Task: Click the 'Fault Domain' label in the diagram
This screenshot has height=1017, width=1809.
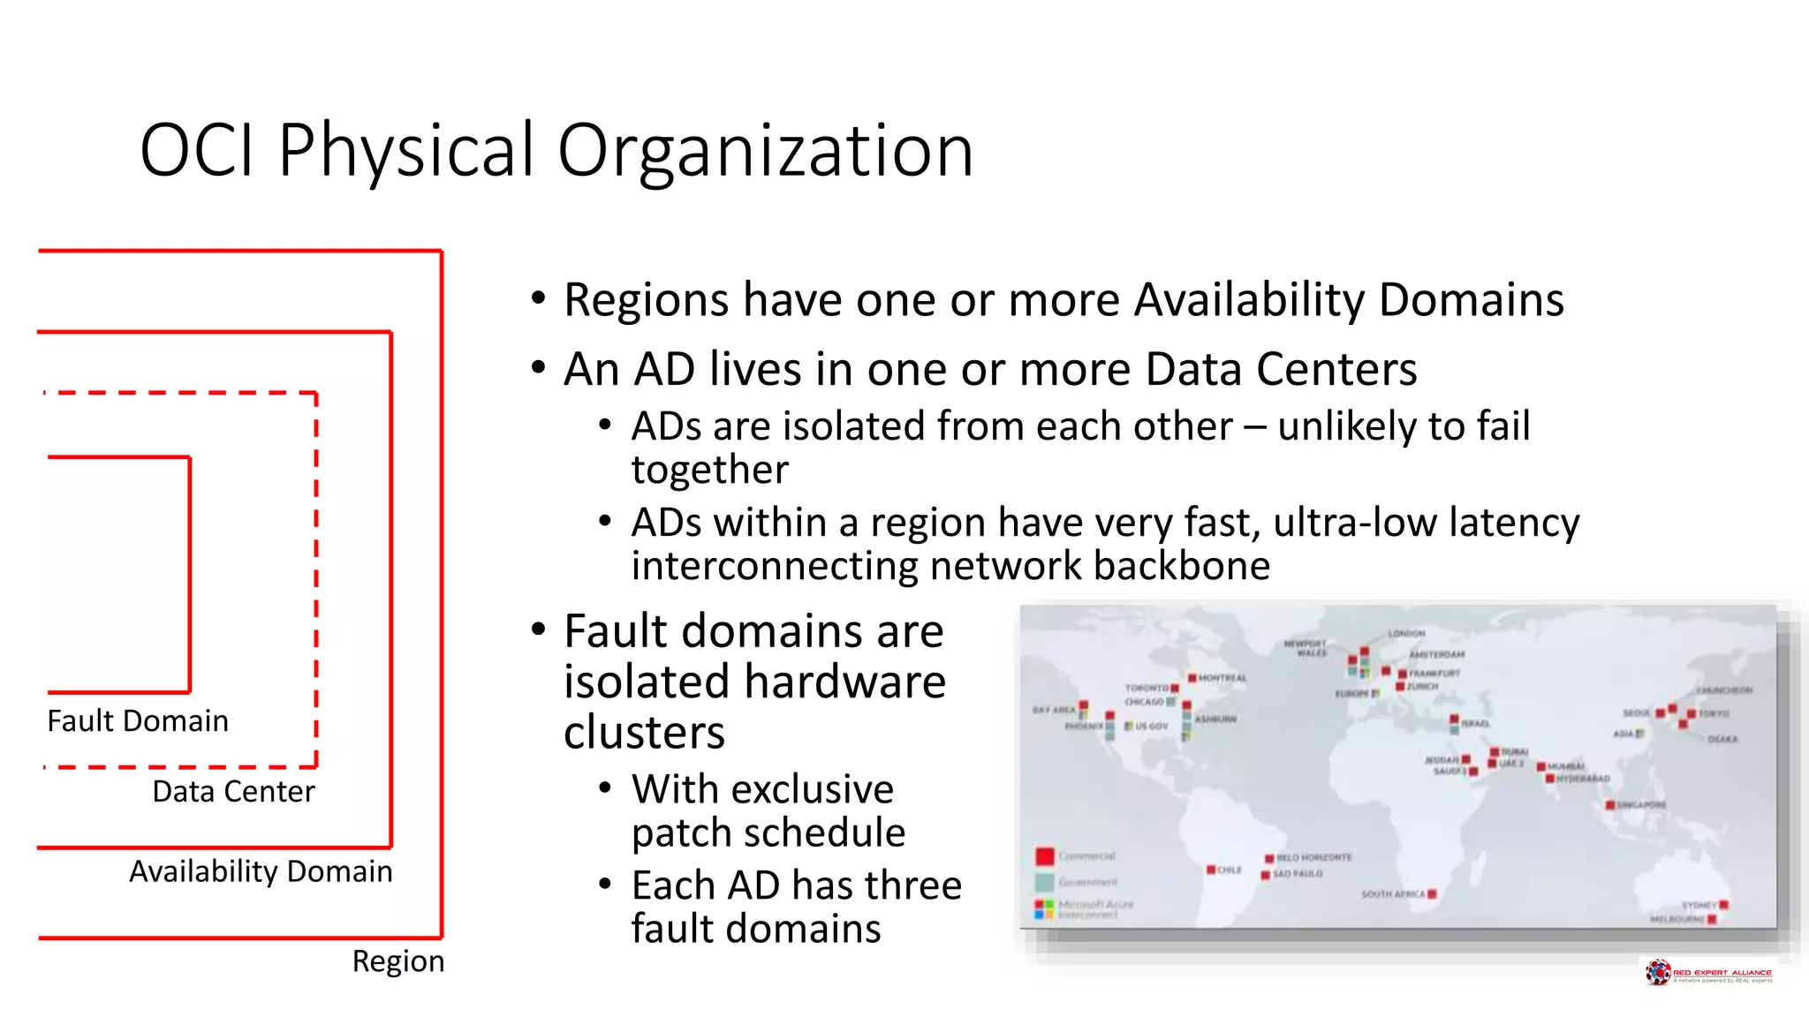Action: tap(138, 721)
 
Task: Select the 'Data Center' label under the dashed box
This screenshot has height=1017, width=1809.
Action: tap(233, 792)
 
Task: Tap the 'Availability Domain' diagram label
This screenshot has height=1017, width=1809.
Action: tap(261, 871)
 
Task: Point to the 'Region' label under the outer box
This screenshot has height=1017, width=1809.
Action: tap(397, 961)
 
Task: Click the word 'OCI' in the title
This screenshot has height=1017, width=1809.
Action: tap(196, 150)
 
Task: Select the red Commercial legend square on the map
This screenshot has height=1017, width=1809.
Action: tap(1045, 856)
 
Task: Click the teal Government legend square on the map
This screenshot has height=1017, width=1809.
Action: tap(1045, 882)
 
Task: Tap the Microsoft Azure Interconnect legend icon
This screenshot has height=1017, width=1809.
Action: tap(1044, 908)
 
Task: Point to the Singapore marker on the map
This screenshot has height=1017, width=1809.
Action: tap(1610, 805)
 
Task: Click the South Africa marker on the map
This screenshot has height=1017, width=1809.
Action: tap(1432, 894)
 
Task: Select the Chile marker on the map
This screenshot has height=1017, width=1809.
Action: tap(1211, 870)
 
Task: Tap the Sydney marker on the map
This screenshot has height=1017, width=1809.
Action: tap(1724, 905)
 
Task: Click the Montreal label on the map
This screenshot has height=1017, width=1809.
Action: tap(1222, 678)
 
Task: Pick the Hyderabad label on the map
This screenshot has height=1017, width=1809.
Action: tap(1583, 779)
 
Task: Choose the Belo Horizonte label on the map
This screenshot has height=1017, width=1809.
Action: tap(1313, 857)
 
